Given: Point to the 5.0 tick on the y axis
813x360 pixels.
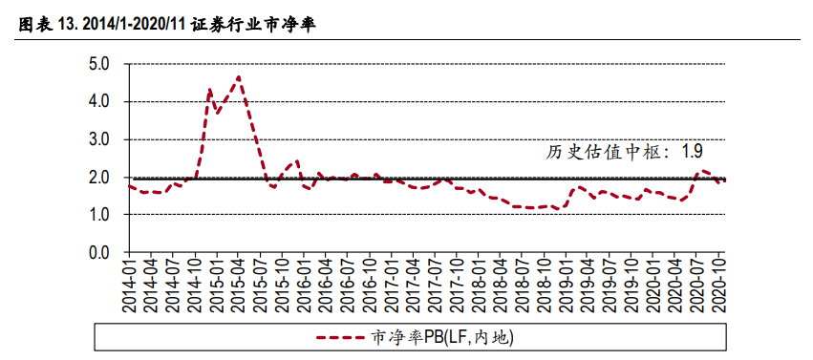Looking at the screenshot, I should coord(99,64).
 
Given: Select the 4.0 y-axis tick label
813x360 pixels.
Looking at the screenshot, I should coord(99,101).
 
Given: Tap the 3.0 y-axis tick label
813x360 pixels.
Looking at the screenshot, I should coord(99,139).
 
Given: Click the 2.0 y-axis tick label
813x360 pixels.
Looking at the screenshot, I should coord(99,178).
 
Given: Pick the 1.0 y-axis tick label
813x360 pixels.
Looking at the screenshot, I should coord(99,215).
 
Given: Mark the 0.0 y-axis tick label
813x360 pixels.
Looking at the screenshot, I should coord(99,253).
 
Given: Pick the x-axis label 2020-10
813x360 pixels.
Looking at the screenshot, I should coord(721,285).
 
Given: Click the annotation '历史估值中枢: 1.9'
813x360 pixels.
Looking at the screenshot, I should coord(625,151).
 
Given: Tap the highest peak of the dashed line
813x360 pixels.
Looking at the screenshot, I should coord(238,76).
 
